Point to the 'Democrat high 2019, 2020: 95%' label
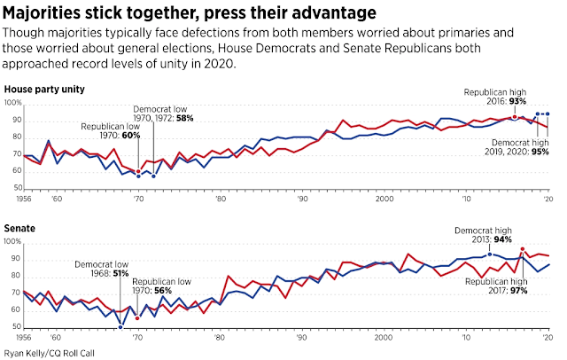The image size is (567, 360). (519, 147)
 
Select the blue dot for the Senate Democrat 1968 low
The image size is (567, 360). (120, 327)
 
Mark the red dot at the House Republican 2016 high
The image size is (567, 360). (515, 118)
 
